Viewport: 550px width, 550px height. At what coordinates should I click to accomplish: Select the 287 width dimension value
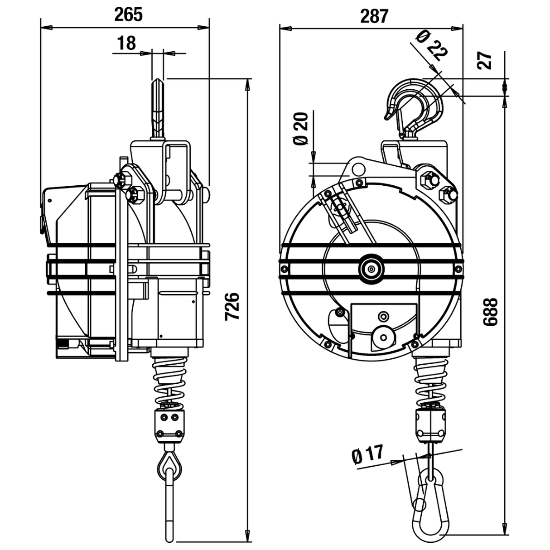click(374, 16)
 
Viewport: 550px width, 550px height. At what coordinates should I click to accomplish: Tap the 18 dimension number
click(126, 43)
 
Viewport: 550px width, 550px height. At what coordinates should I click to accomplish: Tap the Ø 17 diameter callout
click(367, 454)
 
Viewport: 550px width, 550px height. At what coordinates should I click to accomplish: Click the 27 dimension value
click(485, 60)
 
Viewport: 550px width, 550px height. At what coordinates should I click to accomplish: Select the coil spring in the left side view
click(170, 380)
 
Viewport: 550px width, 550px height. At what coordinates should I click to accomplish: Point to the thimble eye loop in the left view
click(169, 463)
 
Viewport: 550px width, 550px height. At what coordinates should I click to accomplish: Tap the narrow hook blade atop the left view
click(157, 109)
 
